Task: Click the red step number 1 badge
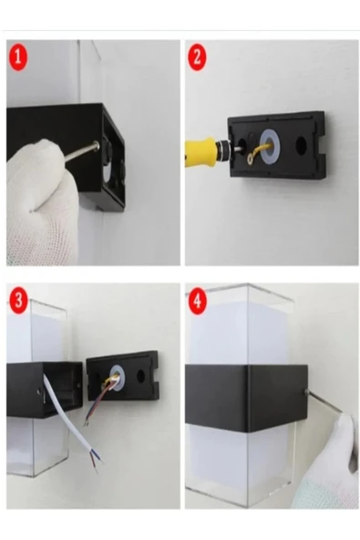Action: coord(18,57)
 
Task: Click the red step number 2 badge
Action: coord(197,57)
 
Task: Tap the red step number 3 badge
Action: coord(18,299)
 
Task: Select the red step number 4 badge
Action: coord(197,300)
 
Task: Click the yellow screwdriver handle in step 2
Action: coord(200,151)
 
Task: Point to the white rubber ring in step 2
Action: coord(271,147)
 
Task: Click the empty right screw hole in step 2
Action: coord(301,145)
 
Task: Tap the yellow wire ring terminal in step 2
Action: coord(251,158)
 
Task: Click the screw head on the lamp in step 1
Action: coord(96,146)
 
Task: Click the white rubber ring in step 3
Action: coord(117,378)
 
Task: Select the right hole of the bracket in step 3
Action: coord(140,376)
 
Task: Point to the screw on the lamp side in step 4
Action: coord(306,392)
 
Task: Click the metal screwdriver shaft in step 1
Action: coord(79,153)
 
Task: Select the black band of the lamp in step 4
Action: coord(246,398)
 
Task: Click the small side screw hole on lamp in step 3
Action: coord(39,391)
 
